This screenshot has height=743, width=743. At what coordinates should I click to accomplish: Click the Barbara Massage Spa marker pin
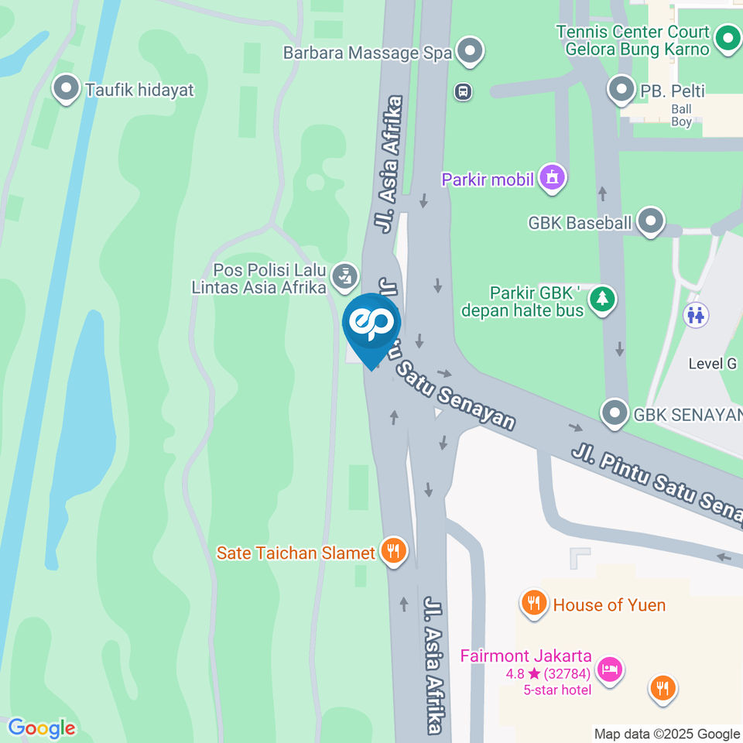click(x=469, y=52)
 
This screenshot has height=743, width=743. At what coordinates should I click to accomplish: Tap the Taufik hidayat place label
click(x=139, y=90)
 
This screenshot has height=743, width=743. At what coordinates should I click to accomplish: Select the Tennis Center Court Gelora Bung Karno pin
click(x=727, y=39)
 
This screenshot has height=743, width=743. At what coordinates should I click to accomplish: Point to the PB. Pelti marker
click(x=621, y=90)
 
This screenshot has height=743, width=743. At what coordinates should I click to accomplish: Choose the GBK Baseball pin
click(x=651, y=222)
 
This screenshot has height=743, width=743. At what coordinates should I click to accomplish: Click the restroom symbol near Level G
click(x=694, y=315)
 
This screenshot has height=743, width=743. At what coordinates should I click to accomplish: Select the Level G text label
click(x=713, y=363)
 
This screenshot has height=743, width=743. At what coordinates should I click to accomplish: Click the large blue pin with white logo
click(x=371, y=325)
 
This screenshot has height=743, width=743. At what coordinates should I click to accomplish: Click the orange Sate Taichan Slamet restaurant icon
click(x=394, y=552)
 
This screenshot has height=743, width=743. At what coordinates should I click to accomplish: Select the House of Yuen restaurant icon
click(x=534, y=603)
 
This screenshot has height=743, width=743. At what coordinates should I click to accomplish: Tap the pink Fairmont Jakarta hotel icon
click(x=611, y=669)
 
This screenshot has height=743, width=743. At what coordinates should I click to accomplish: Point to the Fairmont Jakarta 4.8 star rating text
click(x=549, y=673)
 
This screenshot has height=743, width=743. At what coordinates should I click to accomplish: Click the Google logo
click(x=42, y=728)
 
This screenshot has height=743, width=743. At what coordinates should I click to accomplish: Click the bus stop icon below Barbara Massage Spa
click(x=463, y=92)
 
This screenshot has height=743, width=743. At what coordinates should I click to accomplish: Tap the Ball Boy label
click(x=682, y=115)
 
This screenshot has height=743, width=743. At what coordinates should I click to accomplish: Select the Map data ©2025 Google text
click(x=666, y=734)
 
